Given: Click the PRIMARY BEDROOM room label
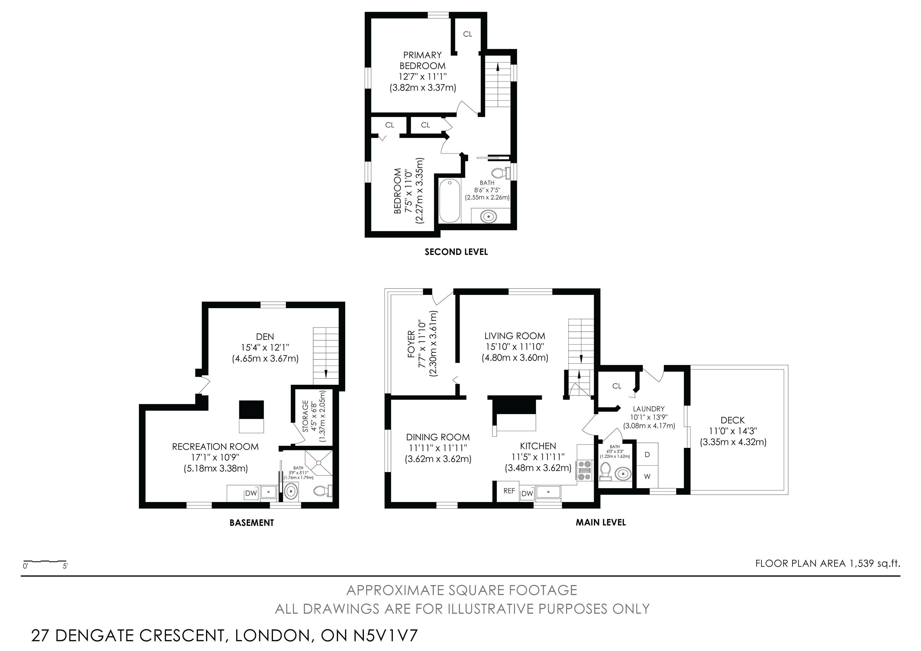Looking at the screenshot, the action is click(422, 60).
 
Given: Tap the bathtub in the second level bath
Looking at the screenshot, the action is click(450, 200).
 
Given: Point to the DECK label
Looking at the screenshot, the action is click(732, 420).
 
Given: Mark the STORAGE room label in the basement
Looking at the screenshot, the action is click(306, 416).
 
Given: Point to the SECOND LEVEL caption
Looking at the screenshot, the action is click(456, 252).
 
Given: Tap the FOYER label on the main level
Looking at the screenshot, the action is click(411, 344).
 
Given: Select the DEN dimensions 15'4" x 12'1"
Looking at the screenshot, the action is click(265, 347).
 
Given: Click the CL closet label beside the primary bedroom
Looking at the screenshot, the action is click(468, 34).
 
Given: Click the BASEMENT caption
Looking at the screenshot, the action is click(252, 523).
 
